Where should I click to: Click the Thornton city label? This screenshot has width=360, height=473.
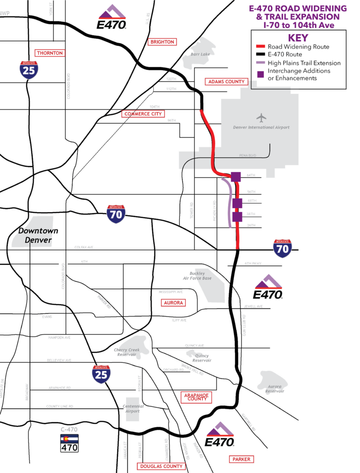point(50,53)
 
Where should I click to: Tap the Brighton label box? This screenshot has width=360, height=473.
point(162,42)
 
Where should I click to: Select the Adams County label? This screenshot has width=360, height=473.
point(226,82)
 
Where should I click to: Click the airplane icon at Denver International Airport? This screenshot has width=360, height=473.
point(262,117)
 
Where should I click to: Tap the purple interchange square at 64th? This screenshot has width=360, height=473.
point(236,176)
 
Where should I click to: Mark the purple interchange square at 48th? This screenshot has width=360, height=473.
point(237,203)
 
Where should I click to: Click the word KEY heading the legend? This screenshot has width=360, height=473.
point(298,38)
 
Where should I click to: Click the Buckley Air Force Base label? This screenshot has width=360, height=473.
point(201,276)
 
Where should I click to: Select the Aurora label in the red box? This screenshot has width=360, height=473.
point(173,303)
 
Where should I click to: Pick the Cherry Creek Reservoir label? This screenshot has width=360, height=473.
point(127,352)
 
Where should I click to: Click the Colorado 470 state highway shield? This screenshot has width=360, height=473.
point(69,443)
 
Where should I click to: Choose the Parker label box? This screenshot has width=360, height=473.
point(241,459)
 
